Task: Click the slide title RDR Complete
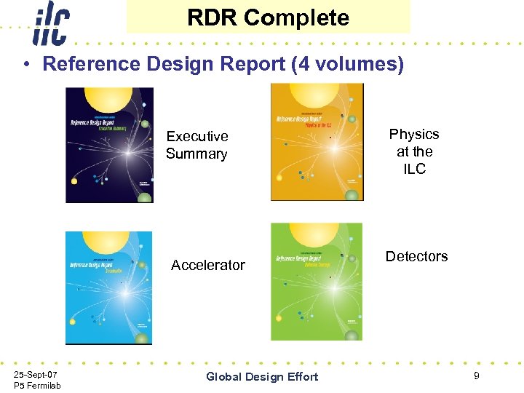[268, 17]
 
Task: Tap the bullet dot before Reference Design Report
[25, 64]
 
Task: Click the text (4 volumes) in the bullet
[347, 64]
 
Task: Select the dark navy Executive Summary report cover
[109, 145]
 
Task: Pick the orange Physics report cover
[317, 142]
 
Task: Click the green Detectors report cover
[317, 282]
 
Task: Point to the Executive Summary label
[196, 145]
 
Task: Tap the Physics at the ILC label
[414, 151]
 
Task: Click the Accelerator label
[208, 265]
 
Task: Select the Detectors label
[416, 256]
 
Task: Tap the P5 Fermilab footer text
[37, 385]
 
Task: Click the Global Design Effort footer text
[262, 376]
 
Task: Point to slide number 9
[476, 376]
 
